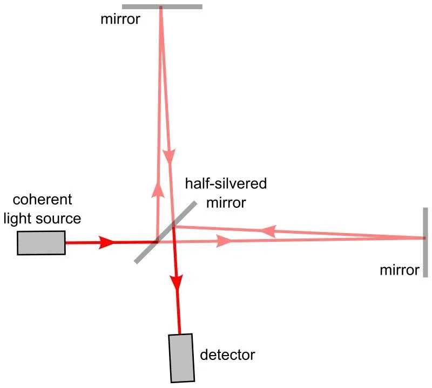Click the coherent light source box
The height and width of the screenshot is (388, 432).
41,242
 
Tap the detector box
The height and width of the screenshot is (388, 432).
181,357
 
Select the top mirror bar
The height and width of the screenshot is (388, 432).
162,7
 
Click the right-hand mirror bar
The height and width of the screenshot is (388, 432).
426,242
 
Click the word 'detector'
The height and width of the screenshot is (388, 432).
227,355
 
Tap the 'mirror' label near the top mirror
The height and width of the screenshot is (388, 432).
119,20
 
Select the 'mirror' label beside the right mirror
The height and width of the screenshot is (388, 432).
400,270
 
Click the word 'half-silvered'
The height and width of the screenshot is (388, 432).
226,183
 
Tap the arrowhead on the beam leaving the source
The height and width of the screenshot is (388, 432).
107,242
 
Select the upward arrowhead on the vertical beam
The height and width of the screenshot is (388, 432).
158,188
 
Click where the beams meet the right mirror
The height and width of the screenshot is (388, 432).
424,238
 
